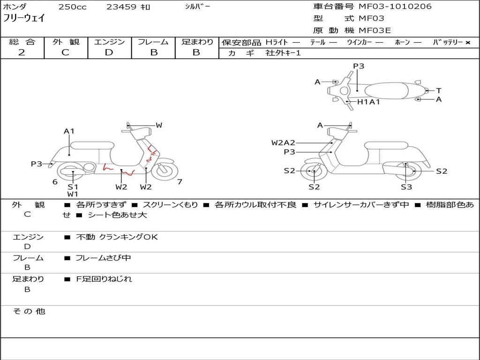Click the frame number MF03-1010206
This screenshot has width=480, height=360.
pos(395,7)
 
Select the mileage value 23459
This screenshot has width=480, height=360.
pos(121,7)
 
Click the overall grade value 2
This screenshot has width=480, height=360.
pos(22,52)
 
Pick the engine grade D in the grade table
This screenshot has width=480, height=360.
pos(109,52)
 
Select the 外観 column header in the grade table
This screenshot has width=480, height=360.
pos(66,42)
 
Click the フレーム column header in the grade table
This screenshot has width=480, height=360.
pos(153,42)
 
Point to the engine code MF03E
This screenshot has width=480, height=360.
pos(375,31)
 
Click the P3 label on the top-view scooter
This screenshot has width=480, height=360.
pos(359,66)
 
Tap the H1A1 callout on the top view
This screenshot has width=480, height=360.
pos(368,102)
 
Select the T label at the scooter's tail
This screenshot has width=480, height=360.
pos(438,90)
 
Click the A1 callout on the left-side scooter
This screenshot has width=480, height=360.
pos(69,131)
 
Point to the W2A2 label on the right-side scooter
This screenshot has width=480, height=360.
pos(283,142)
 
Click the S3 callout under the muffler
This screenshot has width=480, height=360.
pos(406,187)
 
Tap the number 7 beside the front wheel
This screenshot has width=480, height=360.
pos(180,182)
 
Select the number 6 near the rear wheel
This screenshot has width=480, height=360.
pos(55,182)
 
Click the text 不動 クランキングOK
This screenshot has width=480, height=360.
pos(117,237)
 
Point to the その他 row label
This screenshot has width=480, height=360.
pos(29,311)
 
